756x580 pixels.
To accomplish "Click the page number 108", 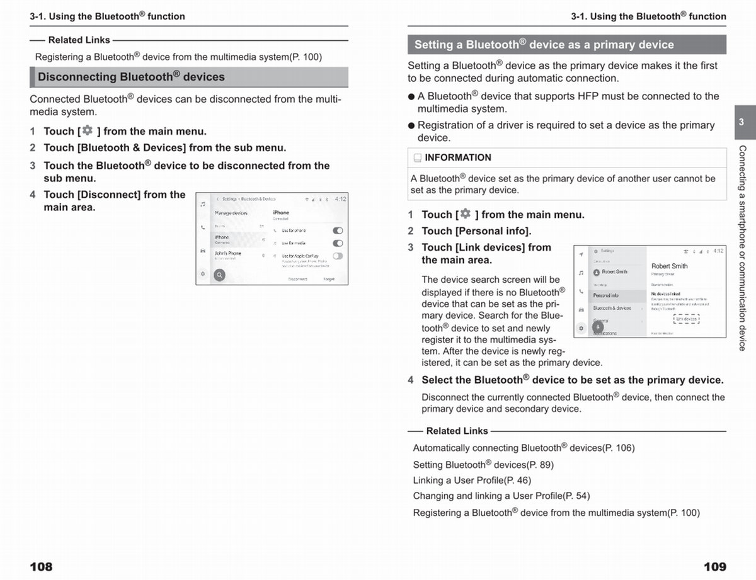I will (41, 567).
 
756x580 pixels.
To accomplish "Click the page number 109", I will (714, 567).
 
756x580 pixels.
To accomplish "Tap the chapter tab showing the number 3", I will (742, 122).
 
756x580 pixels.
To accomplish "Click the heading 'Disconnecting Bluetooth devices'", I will (131, 77).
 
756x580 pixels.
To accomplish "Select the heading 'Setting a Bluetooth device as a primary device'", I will (544, 45).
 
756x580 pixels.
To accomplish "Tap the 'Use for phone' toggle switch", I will (338, 230).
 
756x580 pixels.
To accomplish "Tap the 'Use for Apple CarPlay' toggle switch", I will (338, 256).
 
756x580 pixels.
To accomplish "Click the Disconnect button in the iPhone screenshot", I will (297, 278).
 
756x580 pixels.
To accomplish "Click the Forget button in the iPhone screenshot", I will (329, 278).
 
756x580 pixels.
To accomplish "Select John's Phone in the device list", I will (228, 253).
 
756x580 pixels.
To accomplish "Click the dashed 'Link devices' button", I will (687, 319).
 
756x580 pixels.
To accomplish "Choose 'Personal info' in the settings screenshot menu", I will (606, 295).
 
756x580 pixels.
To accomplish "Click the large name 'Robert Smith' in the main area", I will (669, 266).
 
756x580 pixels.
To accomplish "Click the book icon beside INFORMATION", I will (417, 158).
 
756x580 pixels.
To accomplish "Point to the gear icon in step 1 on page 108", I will (87, 130).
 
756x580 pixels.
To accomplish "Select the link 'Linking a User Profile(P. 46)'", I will (472, 480).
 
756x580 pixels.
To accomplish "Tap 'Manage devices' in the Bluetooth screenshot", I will (231, 213).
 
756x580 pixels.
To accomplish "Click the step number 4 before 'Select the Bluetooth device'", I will (411, 380).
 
